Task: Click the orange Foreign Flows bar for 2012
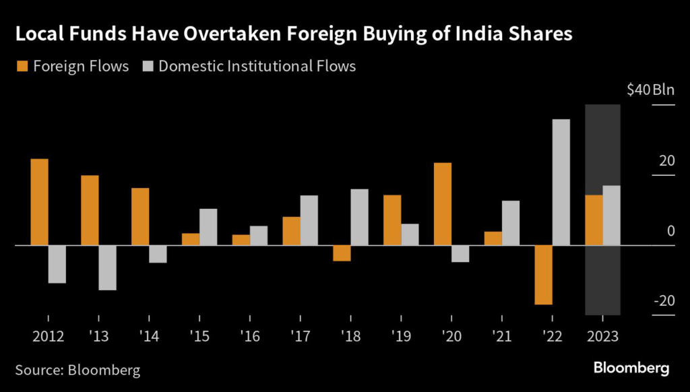(40, 202)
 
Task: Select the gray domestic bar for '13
(107, 267)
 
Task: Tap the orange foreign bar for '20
(443, 204)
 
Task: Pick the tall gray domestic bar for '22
(561, 182)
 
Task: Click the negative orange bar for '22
(544, 275)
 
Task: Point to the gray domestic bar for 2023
(612, 216)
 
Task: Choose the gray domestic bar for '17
(309, 220)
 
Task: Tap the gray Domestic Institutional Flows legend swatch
(149, 66)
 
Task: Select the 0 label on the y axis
(670, 231)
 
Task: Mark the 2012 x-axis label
(48, 335)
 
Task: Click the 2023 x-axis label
(602, 335)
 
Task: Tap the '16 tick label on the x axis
(250, 335)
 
